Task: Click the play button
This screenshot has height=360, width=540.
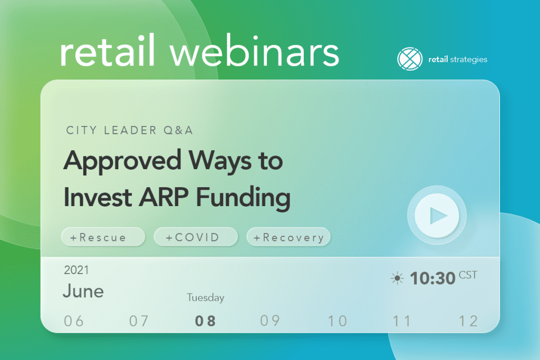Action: (x=437, y=216)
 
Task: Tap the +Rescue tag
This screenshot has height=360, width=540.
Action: (x=103, y=237)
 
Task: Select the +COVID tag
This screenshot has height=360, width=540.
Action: (x=196, y=237)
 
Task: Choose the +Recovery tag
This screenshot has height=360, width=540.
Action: (x=288, y=237)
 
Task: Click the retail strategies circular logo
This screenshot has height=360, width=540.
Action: (x=410, y=59)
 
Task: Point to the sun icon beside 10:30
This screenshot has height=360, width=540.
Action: (x=397, y=278)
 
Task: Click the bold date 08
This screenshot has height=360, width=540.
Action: (x=205, y=321)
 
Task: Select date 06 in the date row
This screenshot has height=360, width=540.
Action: (x=74, y=321)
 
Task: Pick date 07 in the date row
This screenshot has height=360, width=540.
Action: (x=139, y=321)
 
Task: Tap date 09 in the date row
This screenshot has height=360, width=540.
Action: (x=270, y=321)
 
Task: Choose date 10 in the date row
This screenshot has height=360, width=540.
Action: (x=337, y=321)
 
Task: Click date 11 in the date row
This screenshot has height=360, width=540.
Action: (x=402, y=321)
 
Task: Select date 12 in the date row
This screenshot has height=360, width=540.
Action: (x=468, y=321)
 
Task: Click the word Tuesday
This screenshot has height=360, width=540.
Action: (x=206, y=298)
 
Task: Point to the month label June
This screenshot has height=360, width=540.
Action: (x=83, y=291)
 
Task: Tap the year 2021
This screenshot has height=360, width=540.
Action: (x=76, y=270)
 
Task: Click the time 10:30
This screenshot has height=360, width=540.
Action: (x=432, y=278)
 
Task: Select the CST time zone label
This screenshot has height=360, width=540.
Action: (x=468, y=275)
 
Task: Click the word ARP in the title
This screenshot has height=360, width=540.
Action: (x=164, y=197)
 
